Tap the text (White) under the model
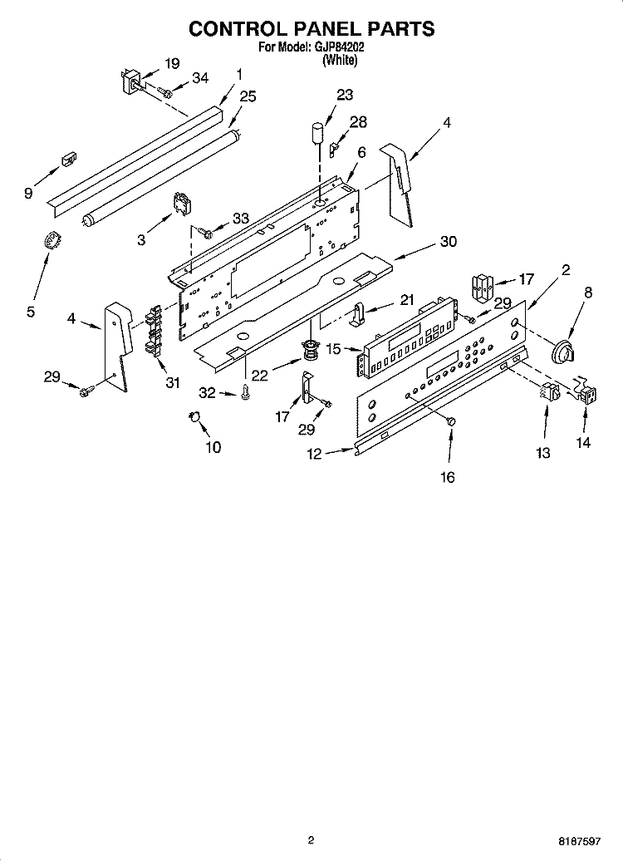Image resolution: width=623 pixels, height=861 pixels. [x=340, y=60]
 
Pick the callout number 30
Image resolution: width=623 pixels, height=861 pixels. [x=448, y=242]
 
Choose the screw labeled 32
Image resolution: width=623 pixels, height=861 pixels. [x=246, y=392]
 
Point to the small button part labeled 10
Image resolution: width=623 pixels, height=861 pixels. [x=196, y=416]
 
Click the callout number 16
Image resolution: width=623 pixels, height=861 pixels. [x=447, y=477]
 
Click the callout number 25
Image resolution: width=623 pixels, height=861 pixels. [x=248, y=97]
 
